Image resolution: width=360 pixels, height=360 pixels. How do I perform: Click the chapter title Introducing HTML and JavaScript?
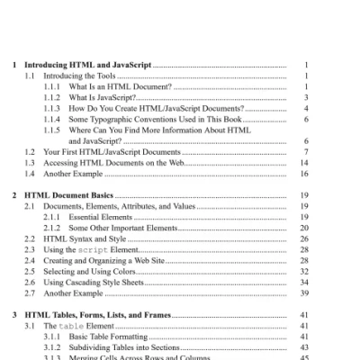pos(85,66)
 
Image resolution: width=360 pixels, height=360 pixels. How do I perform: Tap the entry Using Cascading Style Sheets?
pos(99,282)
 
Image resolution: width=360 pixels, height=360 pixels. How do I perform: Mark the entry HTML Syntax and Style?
pos(88,238)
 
